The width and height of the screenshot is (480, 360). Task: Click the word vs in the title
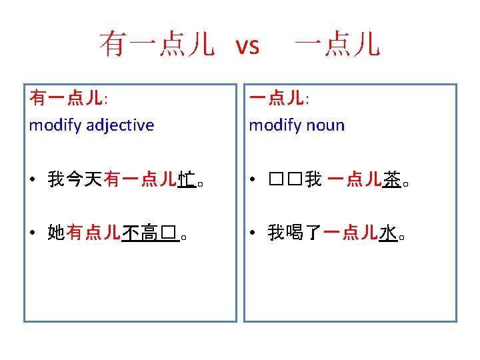tap(247, 45)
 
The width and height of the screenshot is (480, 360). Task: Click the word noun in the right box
tap(324, 125)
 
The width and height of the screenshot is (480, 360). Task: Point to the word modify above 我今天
tap(55, 125)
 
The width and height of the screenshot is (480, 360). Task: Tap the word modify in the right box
tap(274, 125)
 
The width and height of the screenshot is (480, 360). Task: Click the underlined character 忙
tap(187, 179)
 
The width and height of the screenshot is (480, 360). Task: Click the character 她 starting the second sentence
tap(55, 233)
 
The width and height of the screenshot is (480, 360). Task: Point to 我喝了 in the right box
tap(294, 233)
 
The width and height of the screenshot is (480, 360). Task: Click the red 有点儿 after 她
tap(93, 233)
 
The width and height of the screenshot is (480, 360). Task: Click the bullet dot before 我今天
tap(33, 179)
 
